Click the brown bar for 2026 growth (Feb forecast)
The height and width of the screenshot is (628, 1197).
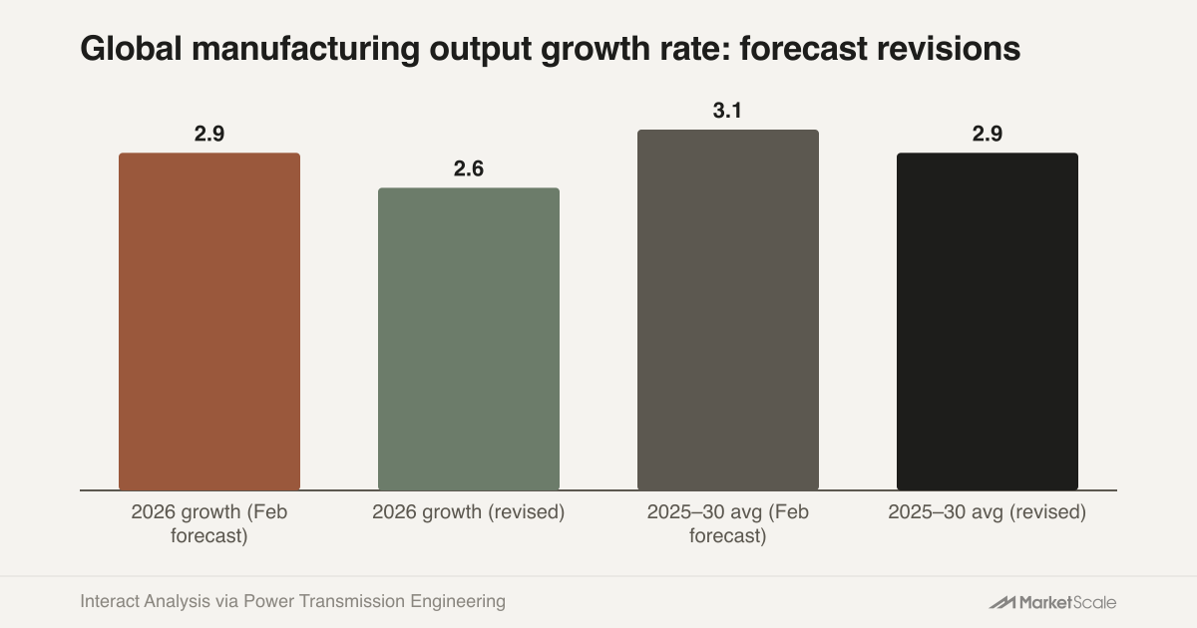click(209, 321)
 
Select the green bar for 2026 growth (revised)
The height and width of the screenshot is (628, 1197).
click(469, 339)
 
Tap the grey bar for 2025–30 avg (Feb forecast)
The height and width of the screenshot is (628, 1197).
click(728, 310)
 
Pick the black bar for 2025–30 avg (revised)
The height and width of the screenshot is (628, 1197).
click(988, 321)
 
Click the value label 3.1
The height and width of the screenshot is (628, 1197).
click(727, 111)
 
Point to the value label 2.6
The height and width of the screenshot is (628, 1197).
click(469, 168)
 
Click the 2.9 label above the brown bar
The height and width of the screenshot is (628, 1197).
click(209, 134)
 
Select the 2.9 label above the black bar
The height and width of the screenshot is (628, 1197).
click(988, 134)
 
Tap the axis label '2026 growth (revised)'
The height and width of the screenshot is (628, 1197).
click(469, 512)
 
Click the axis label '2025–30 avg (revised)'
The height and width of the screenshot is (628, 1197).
click(988, 512)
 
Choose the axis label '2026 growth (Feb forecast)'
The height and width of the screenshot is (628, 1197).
click(209, 524)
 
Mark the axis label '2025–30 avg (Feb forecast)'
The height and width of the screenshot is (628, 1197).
click(728, 524)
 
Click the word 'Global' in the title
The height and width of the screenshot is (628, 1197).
click(132, 49)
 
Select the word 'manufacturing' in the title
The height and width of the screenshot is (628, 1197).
click(305, 50)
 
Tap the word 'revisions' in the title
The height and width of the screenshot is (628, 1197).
click(949, 49)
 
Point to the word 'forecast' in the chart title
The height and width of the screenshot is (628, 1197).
click(804, 49)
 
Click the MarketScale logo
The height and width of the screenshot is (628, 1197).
click(1052, 602)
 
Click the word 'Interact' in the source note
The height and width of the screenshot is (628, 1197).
click(110, 601)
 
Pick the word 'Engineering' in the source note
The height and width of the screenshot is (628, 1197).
click(458, 602)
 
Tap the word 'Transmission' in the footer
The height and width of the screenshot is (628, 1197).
click(353, 601)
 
